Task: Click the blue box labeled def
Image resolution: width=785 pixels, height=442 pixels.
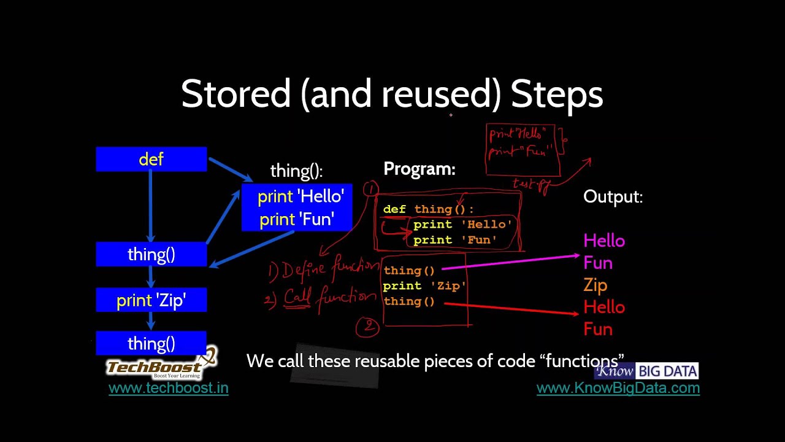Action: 151,160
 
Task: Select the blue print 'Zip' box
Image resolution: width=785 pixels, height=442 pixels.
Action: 151,300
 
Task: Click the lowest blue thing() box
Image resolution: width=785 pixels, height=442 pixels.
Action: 151,343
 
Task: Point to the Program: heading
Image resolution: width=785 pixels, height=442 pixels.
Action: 419,169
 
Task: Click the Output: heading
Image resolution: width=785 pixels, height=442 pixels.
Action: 613,197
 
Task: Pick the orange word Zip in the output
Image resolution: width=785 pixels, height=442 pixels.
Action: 595,285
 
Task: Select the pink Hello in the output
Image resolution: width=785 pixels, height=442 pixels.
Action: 604,241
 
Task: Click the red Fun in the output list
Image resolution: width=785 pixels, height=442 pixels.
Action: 598,330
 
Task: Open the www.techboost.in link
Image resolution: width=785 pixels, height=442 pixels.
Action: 169,388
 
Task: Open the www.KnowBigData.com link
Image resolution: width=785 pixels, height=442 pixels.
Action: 618,388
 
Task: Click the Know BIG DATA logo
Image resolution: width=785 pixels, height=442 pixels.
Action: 646,371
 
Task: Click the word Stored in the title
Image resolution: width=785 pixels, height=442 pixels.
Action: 235,95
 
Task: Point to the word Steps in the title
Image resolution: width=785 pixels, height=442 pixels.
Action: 557,95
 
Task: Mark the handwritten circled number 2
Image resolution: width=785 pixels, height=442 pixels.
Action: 368,327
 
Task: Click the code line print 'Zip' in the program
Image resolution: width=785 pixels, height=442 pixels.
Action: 424,286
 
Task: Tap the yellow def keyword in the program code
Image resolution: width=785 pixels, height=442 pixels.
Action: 394,209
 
